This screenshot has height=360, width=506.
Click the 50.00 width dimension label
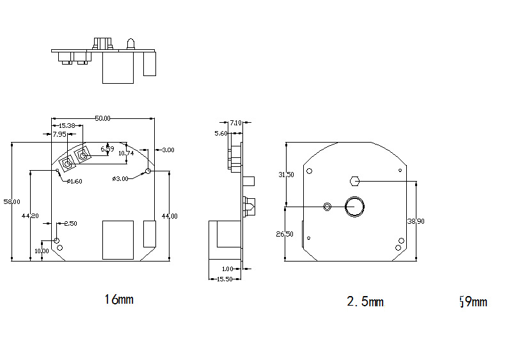click(x=103, y=118)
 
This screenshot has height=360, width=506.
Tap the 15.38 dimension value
click(x=67, y=126)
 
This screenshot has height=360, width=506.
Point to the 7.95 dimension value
click(x=59, y=134)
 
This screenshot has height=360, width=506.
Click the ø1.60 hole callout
click(x=74, y=182)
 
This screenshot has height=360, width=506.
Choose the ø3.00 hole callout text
click(x=120, y=178)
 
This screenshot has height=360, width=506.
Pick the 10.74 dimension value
click(x=126, y=153)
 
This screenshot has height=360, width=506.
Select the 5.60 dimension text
click(x=221, y=133)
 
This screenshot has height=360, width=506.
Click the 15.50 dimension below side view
click(x=224, y=279)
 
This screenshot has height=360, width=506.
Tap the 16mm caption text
click(x=119, y=299)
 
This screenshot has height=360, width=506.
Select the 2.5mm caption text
click(x=365, y=301)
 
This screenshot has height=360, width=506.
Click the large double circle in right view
click(x=355, y=206)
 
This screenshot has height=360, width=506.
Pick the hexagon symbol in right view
click(x=356, y=180)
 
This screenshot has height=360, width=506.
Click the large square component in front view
click(x=118, y=240)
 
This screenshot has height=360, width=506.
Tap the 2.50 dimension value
click(x=70, y=223)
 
